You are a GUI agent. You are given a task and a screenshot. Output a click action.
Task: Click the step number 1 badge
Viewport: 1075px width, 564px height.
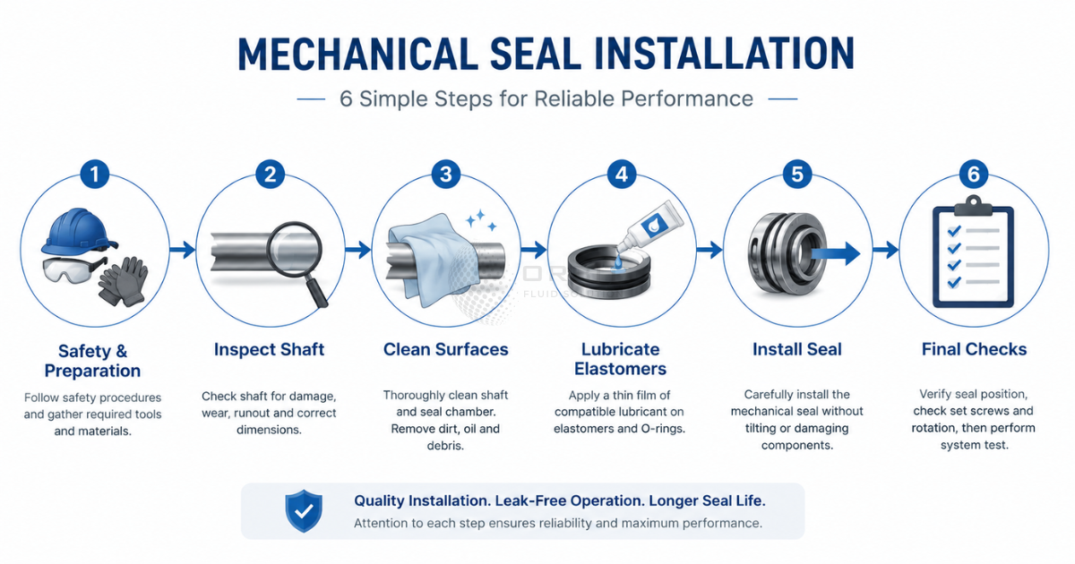[x=95, y=174]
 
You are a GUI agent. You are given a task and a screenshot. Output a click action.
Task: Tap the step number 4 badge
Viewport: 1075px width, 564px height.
[x=622, y=174]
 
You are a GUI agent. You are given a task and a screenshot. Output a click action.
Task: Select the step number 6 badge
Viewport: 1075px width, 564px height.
[x=973, y=174]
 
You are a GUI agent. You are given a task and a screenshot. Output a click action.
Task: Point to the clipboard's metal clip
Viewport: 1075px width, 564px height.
[x=973, y=206]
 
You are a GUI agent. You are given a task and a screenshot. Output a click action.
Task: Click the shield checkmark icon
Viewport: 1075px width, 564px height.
[x=304, y=511]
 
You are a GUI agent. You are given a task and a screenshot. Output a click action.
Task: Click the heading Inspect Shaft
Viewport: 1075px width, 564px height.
[x=270, y=349]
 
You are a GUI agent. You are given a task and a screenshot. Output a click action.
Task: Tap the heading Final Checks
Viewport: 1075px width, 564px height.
[x=974, y=349]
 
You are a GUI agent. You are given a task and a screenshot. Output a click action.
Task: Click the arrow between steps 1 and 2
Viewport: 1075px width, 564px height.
[x=183, y=250]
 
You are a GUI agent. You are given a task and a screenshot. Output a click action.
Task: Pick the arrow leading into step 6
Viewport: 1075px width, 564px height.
[x=885, y=250]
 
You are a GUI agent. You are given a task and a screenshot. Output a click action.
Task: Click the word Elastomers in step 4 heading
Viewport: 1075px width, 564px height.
[x=620, y=369]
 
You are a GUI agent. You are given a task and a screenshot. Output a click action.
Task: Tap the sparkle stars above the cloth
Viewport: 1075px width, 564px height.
[x=481, y=220]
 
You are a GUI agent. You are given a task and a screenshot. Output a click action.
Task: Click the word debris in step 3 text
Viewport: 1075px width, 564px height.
[x=445, y=446]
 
